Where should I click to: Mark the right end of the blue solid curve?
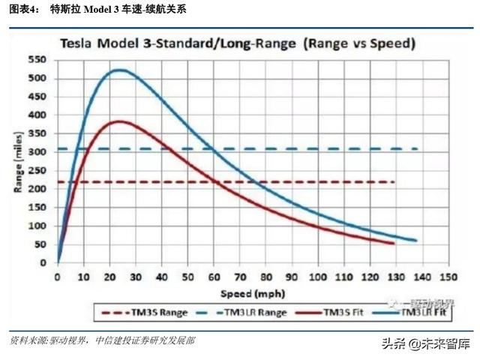coord(416,241)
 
